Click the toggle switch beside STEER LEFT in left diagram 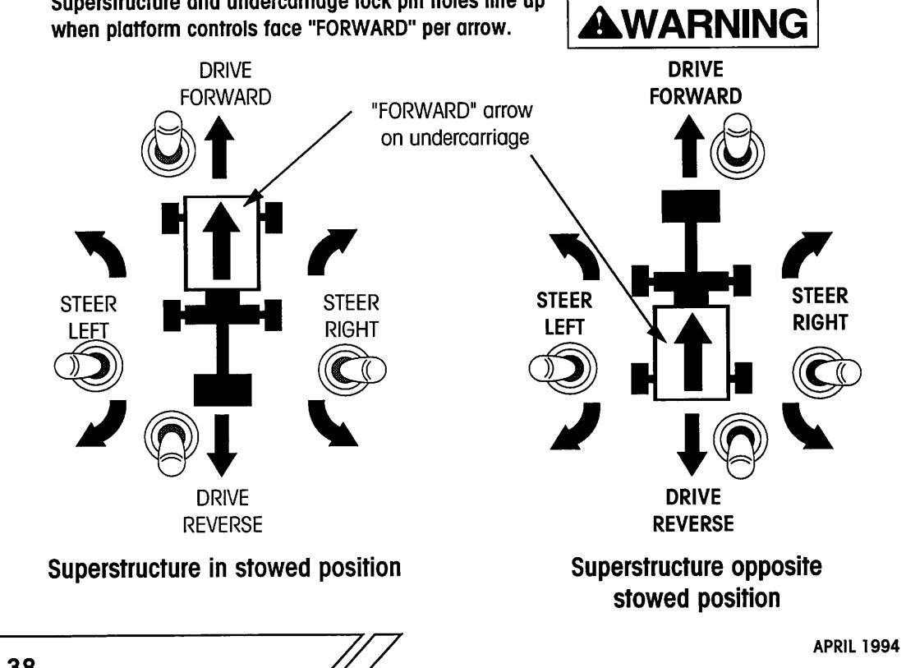click(86, 364)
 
